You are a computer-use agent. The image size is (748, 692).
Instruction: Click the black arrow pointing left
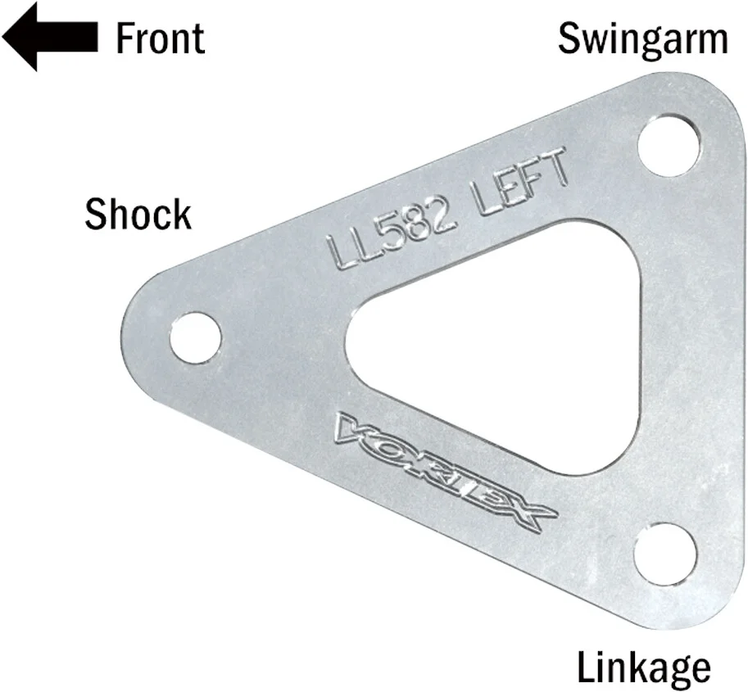pyautogui.click(x=49, y=37)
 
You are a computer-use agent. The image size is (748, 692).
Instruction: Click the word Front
pyautogui.click(x=160, y=38)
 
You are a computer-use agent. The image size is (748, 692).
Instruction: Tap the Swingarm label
pyautogui.click(x=642, y=38)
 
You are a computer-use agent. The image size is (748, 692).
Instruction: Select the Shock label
pyautogui.click(x=138, y=214)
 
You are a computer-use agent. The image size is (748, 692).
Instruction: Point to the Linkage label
pyautogui.click(x=644, y=667)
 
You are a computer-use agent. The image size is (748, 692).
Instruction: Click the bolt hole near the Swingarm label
pyautogui.click(x=669, y=145)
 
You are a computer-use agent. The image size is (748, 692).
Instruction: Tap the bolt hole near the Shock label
pyautogui.click(x=196, y=337)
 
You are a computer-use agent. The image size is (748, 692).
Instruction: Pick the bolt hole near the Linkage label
pyautogui.click(x=665, y=553)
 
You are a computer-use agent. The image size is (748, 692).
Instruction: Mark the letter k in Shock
pyautogui.click(x=181, y=214)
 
